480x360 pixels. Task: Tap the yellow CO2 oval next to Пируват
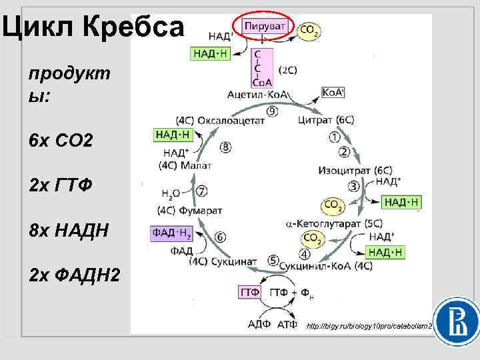pos(309,30)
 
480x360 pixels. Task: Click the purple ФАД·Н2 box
pos(173,233)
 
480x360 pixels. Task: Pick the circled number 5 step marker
pos(273,259)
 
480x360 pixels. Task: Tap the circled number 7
pos(201,191)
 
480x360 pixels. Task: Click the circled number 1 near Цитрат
pos(335,137)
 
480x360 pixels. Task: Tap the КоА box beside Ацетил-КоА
pos(333,93)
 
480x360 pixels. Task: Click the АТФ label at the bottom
pos(285,325)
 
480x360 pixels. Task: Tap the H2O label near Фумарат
pos(171,194)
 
